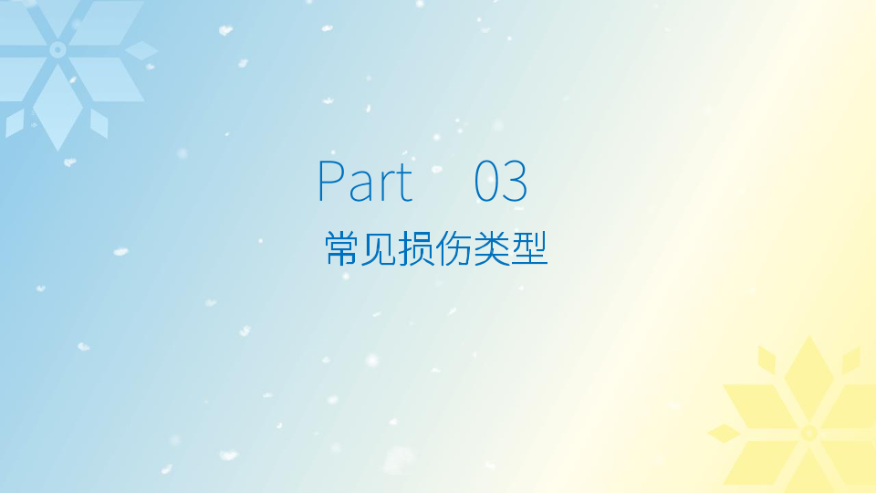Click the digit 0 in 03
[x=487, y=181]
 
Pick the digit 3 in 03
[x=515, y=181]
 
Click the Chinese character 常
[x=341, y=248]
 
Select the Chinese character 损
[x=416, y=248]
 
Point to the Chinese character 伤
[x=454, y=248]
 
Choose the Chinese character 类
[x=491, y=248]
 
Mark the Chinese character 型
[x=528, y=248]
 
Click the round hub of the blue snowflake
[x=57, y=50]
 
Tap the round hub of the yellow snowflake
[x=809, y=433]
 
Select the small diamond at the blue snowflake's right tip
[x=141, y=50]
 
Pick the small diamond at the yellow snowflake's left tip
[x=725, y=433]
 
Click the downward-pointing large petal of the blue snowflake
[x=57, y=106]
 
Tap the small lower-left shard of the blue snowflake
[x=16, y=123]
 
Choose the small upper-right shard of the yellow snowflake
[x=850, y=360]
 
